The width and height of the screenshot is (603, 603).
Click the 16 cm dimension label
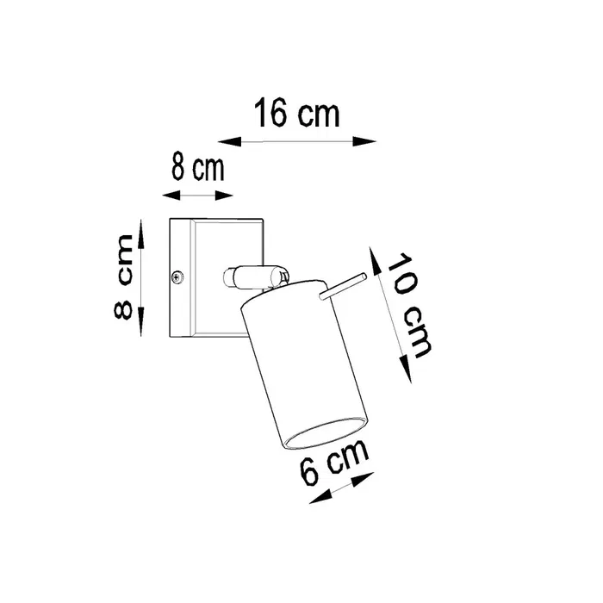point(296,114)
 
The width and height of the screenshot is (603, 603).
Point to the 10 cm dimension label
point(409,304)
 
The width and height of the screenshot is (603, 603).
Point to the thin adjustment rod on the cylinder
point(343,287)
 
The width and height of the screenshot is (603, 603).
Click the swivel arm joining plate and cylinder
point(254,277)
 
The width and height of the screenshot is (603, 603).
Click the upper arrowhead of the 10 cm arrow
point(373,252)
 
